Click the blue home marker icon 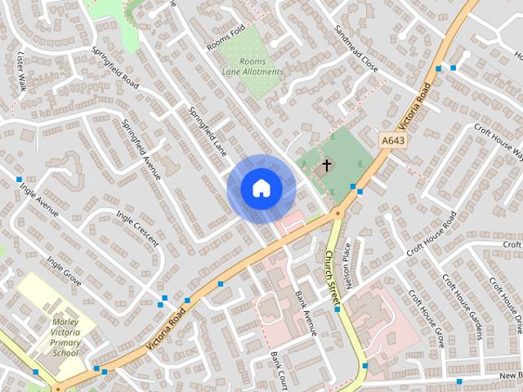(261, 188)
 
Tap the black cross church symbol (326, 166)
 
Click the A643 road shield (393, 140)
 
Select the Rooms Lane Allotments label (253, 67)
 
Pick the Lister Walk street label (22, 71)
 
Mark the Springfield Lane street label (207, 130)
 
